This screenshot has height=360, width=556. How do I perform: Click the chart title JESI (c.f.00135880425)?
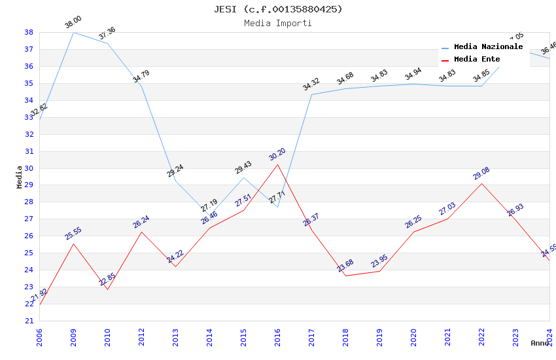point(278,9)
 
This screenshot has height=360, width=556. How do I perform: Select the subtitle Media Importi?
point(278,24)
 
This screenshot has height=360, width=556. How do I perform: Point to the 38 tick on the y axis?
point(29,32)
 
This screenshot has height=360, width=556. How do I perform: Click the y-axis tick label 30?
point(29,168)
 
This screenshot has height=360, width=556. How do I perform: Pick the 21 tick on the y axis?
point(29,321)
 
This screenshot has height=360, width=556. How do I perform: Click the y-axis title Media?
point(19,177)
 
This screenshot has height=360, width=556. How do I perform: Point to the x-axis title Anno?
point(540,343)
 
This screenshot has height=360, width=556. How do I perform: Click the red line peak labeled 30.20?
point(277,164)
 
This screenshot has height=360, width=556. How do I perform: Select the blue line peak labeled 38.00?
point(73,32)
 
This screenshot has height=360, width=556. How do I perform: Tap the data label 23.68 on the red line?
point(345,265)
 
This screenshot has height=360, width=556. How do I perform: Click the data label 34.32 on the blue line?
point(311,84)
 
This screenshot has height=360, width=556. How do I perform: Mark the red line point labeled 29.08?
point(481,183)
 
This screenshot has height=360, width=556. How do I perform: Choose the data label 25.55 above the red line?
point(73,233)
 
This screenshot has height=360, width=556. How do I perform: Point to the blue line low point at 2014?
point(209,216)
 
